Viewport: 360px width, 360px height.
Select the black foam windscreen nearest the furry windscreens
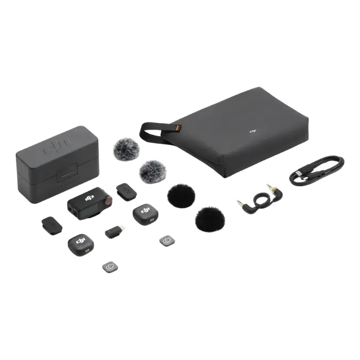click(179, 195)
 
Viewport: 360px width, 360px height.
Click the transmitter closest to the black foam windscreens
click(145, 213)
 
